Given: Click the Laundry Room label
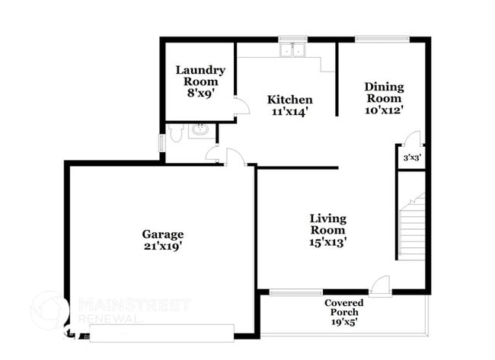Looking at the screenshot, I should point(200,75).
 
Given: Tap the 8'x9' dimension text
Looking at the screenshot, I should point(200,93).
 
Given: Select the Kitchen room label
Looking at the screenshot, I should point(289,100).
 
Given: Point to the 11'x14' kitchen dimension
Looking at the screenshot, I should point(289,112).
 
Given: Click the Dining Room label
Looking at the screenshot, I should point(383,92).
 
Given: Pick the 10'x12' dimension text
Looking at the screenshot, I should point(383,110).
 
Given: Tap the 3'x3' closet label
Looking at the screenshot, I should point(410,158).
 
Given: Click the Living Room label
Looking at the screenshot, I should point(327,225).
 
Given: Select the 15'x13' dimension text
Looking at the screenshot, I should point(327,242).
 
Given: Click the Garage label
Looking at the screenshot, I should point(162,234).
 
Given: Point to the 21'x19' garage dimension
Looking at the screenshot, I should point(162,246).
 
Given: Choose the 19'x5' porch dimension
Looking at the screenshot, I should point(343,322).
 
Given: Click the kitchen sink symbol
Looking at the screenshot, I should point(292,50).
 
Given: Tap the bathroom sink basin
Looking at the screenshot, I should point(200,131).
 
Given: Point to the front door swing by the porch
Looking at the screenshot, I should point(382,283).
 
